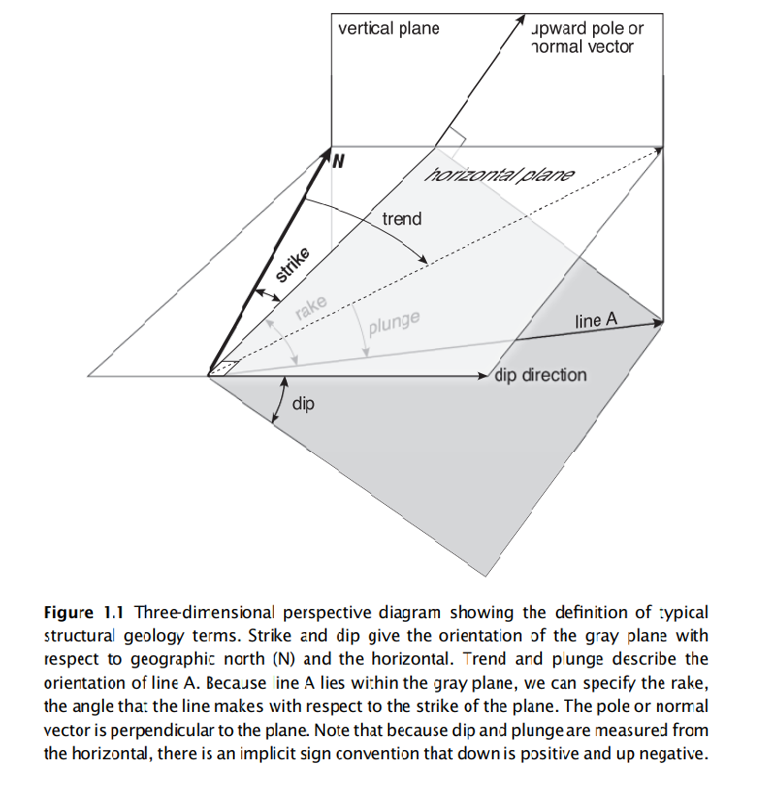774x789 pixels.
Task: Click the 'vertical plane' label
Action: click(x=388, y=28)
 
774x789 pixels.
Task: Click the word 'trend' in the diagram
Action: click(x=401, y=219)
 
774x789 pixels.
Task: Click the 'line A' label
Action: click(x=596, y=320)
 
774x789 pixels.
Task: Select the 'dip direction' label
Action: click(x=541, y=375)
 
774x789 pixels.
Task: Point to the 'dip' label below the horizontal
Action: click(x=304, y=405)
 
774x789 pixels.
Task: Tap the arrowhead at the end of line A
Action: click(x=657, y=322)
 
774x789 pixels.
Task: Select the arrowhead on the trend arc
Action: click(x=423, y=262)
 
